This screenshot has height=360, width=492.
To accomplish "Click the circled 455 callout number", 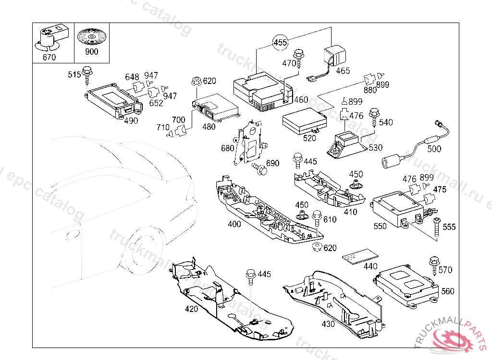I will coord(280,43).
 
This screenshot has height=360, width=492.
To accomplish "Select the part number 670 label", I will coord(49,57).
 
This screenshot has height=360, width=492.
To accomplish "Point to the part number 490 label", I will coord(131,121).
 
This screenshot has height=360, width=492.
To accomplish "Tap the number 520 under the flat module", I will coord(310,138).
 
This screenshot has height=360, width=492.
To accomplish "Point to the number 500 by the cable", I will coord(434,149).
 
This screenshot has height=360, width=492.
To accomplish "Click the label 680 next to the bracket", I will coord(227,148).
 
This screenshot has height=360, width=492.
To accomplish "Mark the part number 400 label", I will coord(234,224).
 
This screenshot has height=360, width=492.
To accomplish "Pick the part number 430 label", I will coord(328,324).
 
